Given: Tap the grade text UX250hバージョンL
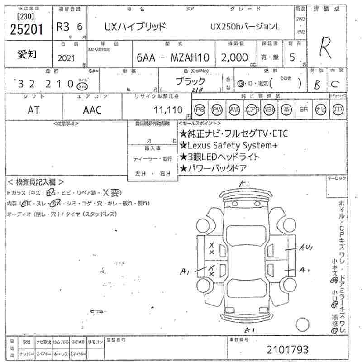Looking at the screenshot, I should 245,27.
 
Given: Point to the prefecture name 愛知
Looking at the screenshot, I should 28,54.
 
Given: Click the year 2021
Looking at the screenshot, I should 67,58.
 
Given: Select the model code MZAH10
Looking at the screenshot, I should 186,58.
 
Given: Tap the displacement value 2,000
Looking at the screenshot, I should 234,57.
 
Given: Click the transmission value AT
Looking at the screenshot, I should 33,110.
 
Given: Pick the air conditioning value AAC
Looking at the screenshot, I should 92,110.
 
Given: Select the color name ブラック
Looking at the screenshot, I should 190,82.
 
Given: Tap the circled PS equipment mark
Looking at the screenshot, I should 200,110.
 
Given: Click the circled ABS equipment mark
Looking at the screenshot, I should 269,110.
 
